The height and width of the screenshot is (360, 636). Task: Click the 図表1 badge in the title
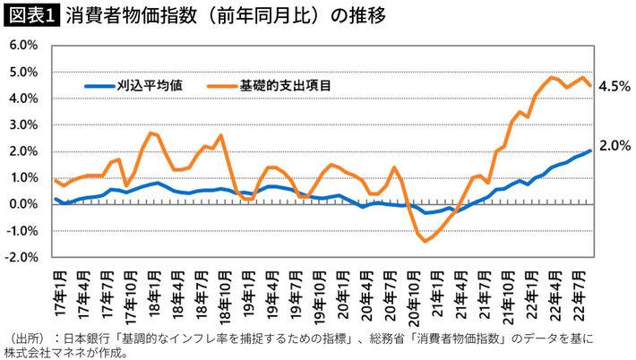point(30,14)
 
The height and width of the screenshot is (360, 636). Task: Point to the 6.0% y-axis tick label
point(22,45)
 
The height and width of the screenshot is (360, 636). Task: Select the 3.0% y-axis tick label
point(22,124)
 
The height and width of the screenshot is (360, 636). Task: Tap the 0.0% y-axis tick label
point(22,204)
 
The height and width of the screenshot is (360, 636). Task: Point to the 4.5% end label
point(615,86)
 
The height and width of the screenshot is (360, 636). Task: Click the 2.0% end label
point(615,145)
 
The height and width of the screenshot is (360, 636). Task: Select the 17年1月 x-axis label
point(56,288)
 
